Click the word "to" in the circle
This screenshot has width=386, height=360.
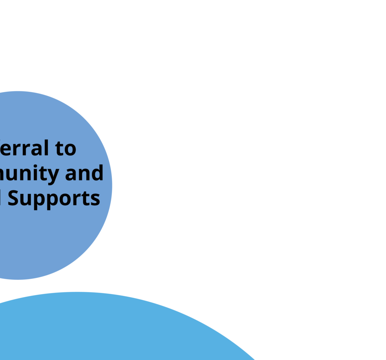click(66, 148)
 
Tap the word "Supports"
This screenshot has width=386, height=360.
click(54, 198)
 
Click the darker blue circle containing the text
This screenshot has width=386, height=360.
click(57, 233)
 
